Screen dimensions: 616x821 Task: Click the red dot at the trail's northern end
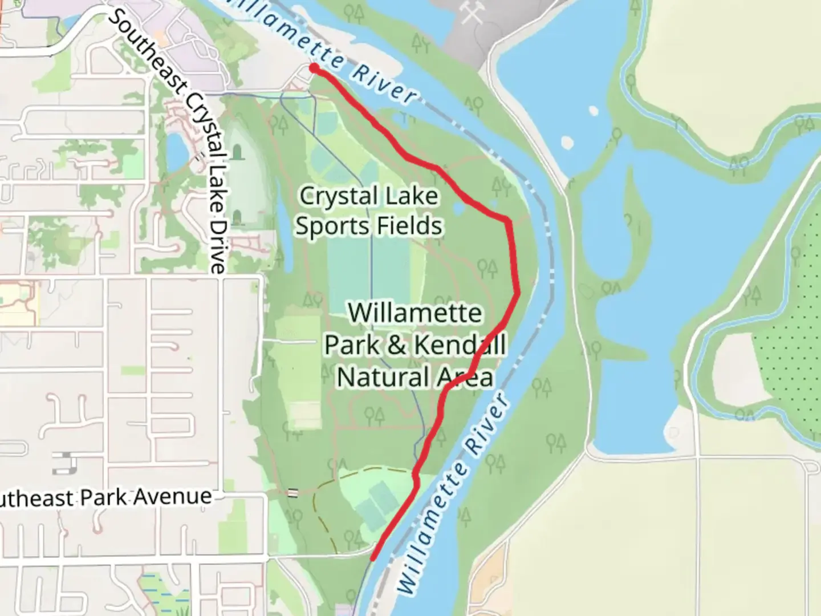(314, 68)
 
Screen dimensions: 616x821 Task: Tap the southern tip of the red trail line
(373, 559)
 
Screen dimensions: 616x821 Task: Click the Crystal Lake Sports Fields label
(368, 211)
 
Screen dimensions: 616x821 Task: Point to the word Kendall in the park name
(460, 345)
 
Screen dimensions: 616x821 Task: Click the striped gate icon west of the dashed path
(293, 493)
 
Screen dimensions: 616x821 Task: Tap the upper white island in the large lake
(593, 110)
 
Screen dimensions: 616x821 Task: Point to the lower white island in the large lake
(568, 141)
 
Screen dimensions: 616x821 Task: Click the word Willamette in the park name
(415, 313)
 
